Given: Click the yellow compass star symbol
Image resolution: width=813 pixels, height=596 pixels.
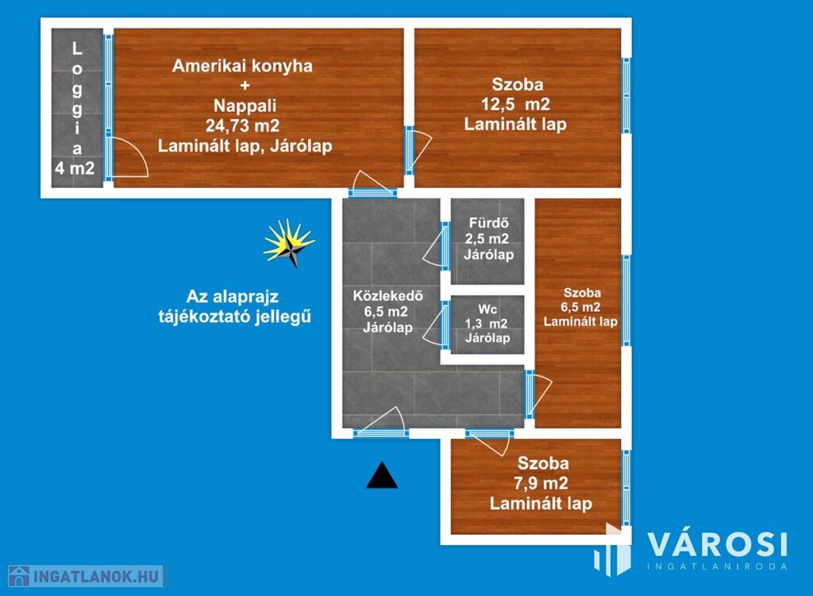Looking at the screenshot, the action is (289, 244).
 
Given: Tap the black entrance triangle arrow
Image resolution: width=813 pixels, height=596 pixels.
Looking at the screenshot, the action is (382, 475).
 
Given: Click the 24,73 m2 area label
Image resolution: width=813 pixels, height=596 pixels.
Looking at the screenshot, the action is (242, 125).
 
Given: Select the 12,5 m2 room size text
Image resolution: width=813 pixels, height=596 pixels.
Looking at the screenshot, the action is (514, 104).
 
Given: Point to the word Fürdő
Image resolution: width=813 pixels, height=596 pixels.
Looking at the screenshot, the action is (488, 223).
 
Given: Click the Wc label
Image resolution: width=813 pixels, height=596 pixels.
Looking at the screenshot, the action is (487, 310).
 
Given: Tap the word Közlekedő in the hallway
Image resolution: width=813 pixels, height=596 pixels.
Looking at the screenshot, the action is (387, 296).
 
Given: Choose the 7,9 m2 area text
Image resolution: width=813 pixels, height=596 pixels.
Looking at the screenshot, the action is (541, 483).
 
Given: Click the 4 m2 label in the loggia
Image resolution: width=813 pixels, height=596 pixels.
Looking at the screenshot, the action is (75, 168).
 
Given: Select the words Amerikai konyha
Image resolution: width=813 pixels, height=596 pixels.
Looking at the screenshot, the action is (242, 66).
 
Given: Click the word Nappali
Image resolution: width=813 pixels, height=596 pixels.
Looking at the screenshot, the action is (245, 106).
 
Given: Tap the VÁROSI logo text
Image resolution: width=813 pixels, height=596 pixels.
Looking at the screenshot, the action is (718, 544).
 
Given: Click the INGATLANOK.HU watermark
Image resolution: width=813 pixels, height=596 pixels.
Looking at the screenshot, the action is (86, 576).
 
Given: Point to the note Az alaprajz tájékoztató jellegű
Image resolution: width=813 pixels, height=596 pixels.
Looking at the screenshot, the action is (234, 306).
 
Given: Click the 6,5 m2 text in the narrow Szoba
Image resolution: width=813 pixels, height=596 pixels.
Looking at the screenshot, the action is (580, 307).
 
